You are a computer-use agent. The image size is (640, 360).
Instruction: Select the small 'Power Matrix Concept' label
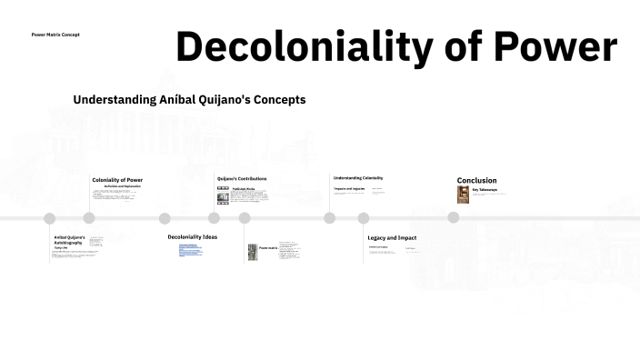coord(55,35)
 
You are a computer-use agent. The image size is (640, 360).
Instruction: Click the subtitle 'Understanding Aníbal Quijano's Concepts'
coord(189,99)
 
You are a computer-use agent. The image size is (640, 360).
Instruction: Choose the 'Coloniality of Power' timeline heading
coord(117,180)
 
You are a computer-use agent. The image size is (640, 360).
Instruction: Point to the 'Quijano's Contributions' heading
coord(242,178)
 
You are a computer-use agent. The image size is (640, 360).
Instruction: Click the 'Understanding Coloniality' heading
coord(358,178)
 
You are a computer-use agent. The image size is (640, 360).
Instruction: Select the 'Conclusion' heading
coord(476,180)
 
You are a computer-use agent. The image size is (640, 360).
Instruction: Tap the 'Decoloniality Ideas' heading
coord(192,237)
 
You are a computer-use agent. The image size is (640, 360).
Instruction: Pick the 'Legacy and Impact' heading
coord(392,238)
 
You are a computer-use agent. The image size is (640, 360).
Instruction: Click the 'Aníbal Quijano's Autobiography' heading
coord(69,240)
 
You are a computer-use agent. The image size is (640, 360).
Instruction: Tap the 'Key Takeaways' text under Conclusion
coord(485,190)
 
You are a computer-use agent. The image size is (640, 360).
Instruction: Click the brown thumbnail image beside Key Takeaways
coord(463,195)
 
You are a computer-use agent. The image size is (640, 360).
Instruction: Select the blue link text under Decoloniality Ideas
coord(189,249)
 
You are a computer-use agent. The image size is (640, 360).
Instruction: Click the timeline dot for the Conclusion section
coord(453,218)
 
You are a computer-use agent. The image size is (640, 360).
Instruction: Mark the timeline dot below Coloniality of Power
coord(89,218)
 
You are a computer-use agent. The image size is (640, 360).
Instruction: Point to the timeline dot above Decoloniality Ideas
coord(165,218)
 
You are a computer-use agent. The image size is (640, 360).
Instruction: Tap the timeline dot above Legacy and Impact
coord(364,218)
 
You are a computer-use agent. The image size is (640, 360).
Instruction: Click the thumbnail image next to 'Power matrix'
coord(253,251)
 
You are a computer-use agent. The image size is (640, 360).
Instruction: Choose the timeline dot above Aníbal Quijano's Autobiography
coord(50,218)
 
